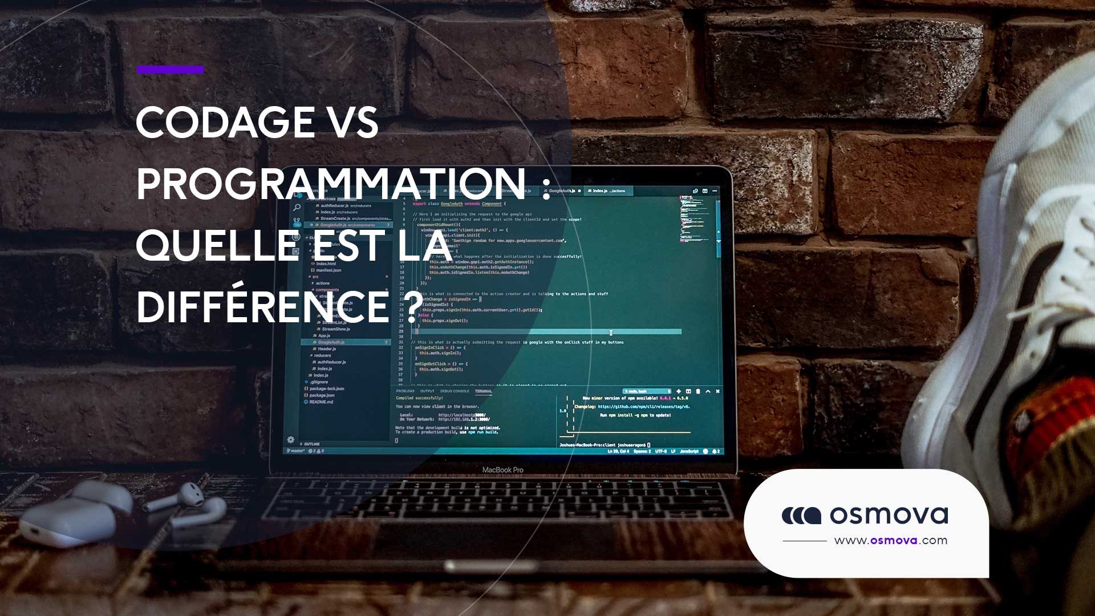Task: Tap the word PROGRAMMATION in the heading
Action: click(331, 184)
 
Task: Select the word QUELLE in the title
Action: click(217, 245)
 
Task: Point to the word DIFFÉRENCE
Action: click(262, 307)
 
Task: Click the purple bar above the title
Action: click(170, 70)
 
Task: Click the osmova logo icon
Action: click(801, 516)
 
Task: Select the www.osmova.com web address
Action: click(890, 541)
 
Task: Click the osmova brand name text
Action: click(889, 515)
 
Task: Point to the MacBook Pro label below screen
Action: click(502, 470)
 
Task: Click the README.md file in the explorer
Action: click(321, 402)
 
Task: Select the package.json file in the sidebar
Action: click(322, 395)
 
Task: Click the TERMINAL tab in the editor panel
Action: click(483, 391)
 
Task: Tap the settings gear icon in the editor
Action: click(291, 440)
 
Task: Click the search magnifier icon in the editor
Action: click(297, 207)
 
